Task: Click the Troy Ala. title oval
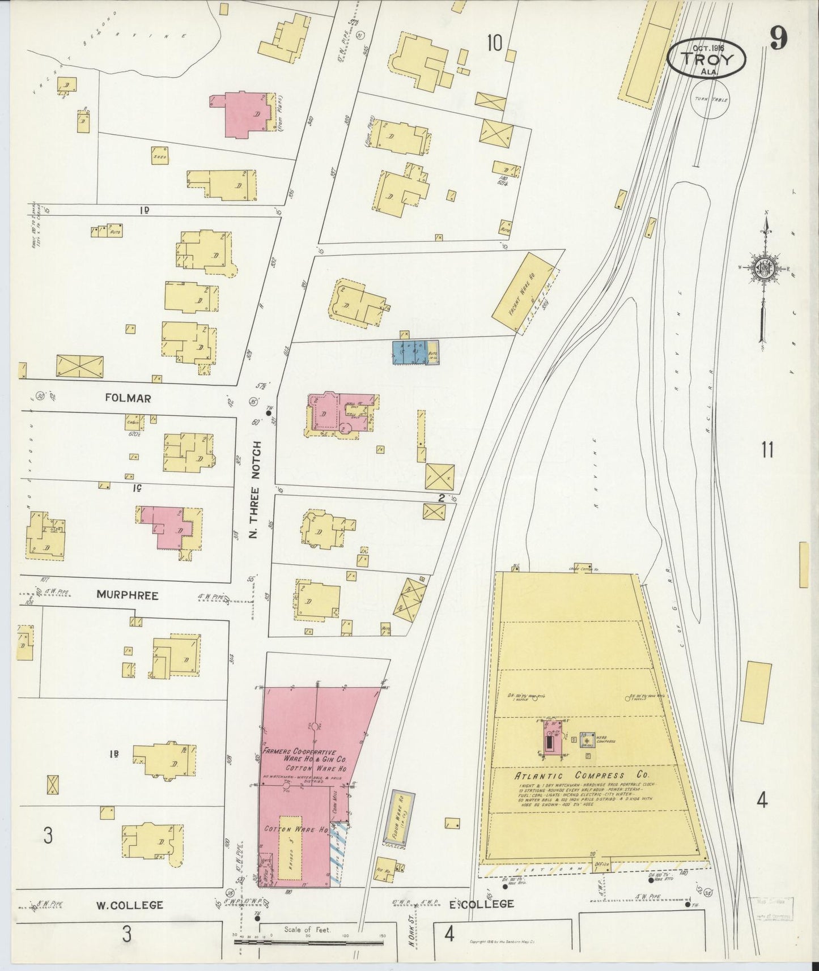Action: tap(706, 58)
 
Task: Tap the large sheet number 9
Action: tap(778, 40)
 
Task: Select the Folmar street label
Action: tap(128, 398)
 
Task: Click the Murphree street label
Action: tap(127, 595)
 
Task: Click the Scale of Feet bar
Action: tap(309, 942)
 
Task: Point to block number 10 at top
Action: tap(494, 42)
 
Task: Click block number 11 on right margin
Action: tap(767, 450)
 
